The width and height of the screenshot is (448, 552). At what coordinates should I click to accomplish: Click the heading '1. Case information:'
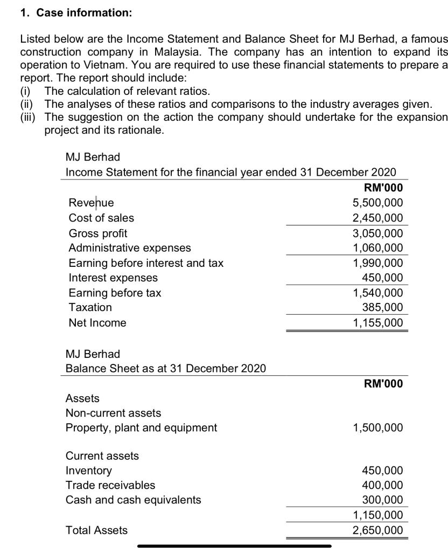[76, 13]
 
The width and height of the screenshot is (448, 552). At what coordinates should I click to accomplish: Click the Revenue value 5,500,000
[377, 203]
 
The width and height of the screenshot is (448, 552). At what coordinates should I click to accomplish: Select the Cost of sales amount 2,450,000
[377, 218]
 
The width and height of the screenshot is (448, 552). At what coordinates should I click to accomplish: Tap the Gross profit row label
[98, 233]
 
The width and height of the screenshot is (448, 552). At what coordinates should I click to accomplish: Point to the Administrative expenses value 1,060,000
[377, 248]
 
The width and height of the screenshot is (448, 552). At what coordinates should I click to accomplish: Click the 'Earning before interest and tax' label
[146, 263]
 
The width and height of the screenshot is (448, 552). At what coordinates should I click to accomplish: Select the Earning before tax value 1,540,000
[377, 293]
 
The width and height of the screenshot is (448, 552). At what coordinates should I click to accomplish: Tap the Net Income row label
[97, 323]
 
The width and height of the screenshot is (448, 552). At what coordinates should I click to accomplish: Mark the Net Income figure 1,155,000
[377, 323]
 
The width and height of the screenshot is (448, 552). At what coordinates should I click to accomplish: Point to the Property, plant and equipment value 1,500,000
[377, 427]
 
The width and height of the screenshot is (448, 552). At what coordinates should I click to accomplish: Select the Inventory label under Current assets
[89, 471]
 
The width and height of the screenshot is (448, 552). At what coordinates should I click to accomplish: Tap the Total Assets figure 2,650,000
[377, 530]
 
